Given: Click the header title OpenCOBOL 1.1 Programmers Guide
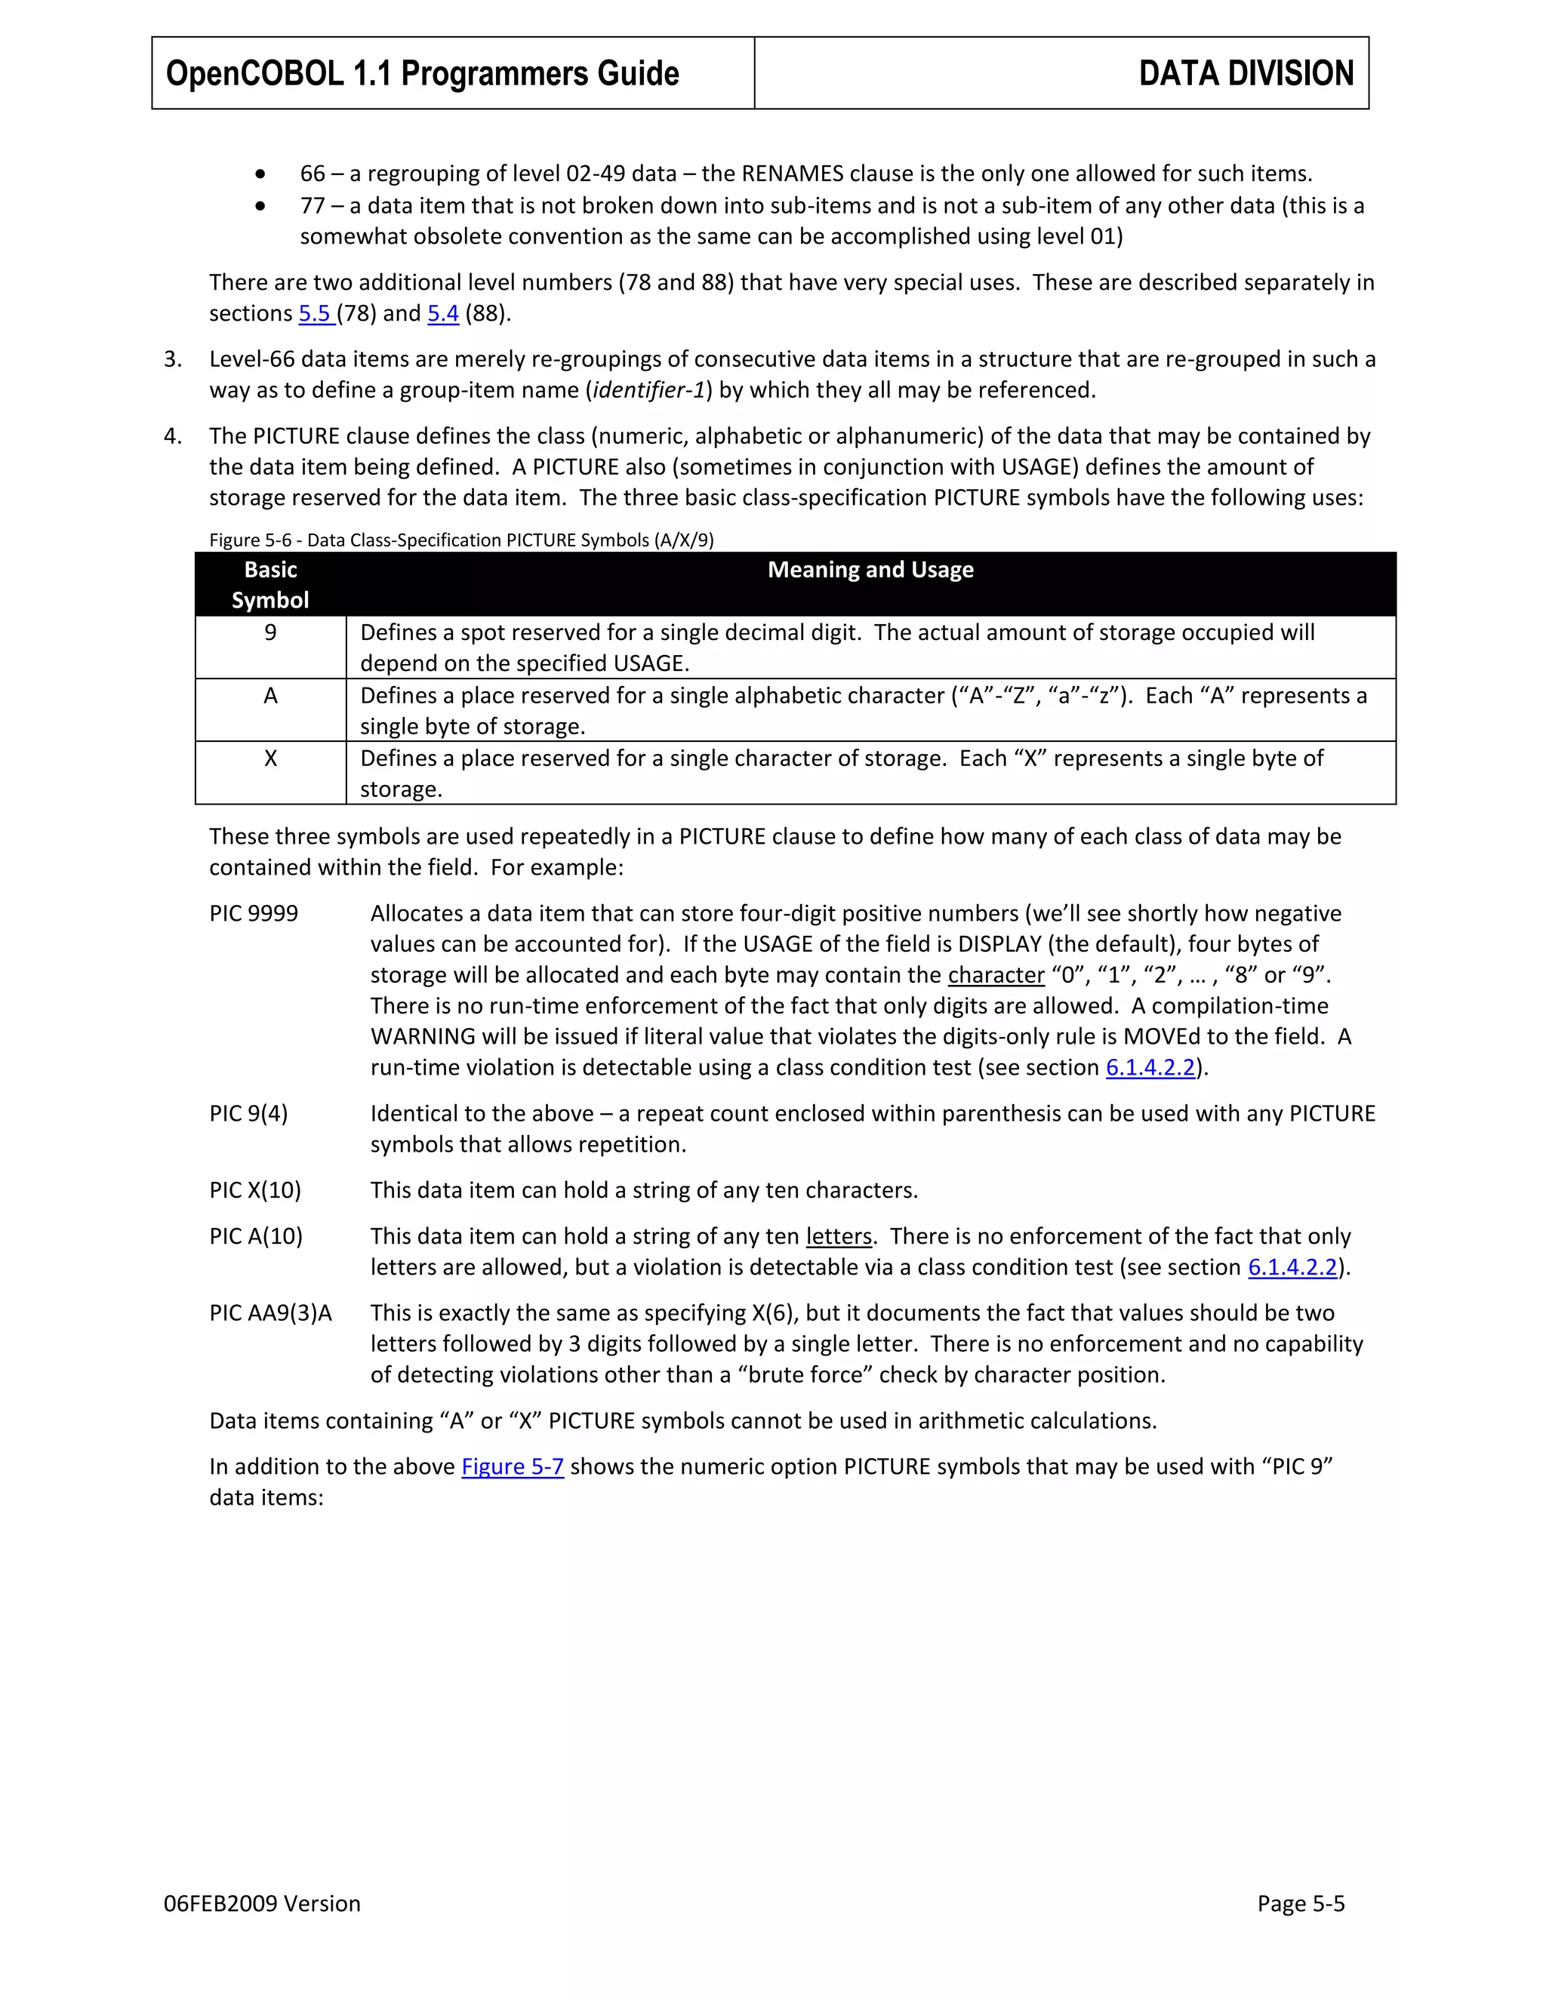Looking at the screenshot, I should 422,73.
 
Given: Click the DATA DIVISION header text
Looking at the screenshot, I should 1246,73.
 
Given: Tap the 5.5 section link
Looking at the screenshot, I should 314,313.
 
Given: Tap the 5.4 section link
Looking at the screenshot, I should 442,313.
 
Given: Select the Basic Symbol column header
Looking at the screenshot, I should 270,584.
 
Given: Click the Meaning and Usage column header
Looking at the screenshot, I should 870,570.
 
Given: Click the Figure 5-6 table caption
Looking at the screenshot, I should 460,540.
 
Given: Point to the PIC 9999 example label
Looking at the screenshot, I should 254,913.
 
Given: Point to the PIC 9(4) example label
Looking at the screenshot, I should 248,1113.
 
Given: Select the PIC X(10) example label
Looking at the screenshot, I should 254,1189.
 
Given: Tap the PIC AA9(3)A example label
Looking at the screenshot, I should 270,1313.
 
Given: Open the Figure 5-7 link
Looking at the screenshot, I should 512,1466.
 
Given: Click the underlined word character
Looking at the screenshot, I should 996,975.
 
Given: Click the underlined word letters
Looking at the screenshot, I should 838,1236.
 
